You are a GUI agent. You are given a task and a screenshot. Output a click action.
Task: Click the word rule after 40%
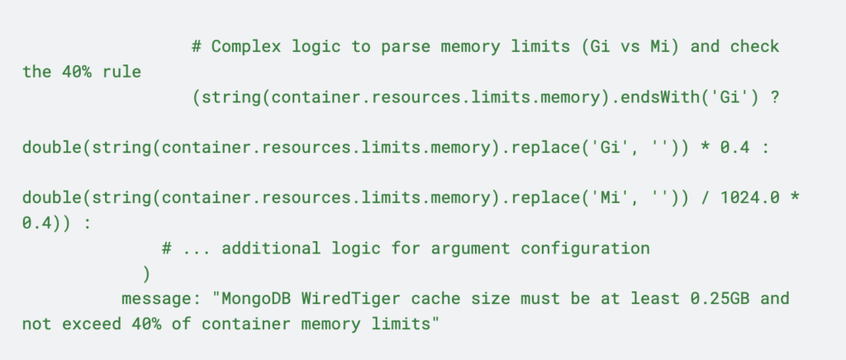tap(119, 72)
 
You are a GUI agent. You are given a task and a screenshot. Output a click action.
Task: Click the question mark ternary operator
tap(775, 97)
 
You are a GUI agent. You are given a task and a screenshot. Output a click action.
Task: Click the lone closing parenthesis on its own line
tap(146, 272)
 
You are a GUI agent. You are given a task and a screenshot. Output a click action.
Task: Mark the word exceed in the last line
tap(92, 324)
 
